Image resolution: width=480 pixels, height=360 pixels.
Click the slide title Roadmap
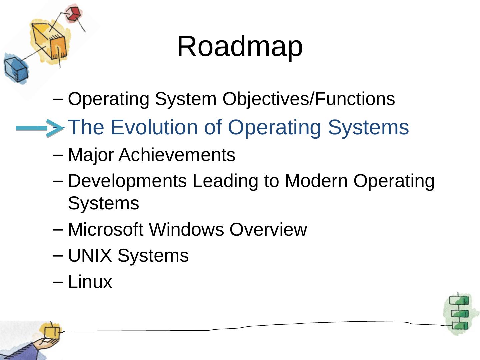pyautogui.click(x=240, y=46)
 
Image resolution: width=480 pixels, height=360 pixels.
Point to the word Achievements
pyautogui.click(x=177, y=155)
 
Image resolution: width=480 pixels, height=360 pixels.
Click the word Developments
pyautogui.click(x=127, y=181)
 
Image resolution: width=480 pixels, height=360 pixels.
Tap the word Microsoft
pyautogui.click(x=105, y=229)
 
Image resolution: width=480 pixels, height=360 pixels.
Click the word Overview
pyautogui.click(x=268, y=229)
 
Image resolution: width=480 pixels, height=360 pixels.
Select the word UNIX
pyautogui.click(x=89, y=256)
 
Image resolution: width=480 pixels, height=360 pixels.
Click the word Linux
pyautogui.click(x=90, y=282)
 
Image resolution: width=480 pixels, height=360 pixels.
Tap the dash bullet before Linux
pyautogui.click(x=58, y=281)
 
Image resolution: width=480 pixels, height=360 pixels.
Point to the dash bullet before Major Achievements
pyautogui.click(x=58, y=154)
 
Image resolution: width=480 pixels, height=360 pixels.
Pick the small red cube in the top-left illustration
pyautogui.click(x=73, y=14)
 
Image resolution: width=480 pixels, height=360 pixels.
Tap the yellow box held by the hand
pyautogui.click(x=51, y=332)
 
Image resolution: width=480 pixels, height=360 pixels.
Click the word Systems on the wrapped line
pyautogui.click(x=103, y=203)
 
